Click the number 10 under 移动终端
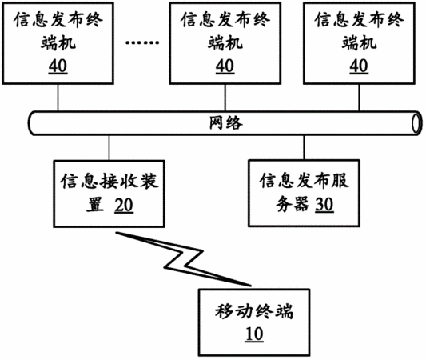254,334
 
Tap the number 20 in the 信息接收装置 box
124,205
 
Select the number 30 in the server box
324,205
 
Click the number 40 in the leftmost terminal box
58,66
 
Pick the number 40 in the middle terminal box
225,66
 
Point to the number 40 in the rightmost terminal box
359,66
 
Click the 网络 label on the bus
225,122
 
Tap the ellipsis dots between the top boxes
142,42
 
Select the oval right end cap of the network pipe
416,123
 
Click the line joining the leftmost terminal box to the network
58,98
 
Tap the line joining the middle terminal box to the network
225,98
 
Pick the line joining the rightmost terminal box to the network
359,98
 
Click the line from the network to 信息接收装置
109,148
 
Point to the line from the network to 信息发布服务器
304,147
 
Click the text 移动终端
254,312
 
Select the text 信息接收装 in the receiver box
109,181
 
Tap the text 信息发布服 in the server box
305,180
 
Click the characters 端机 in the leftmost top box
58,43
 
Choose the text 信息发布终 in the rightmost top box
359,19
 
